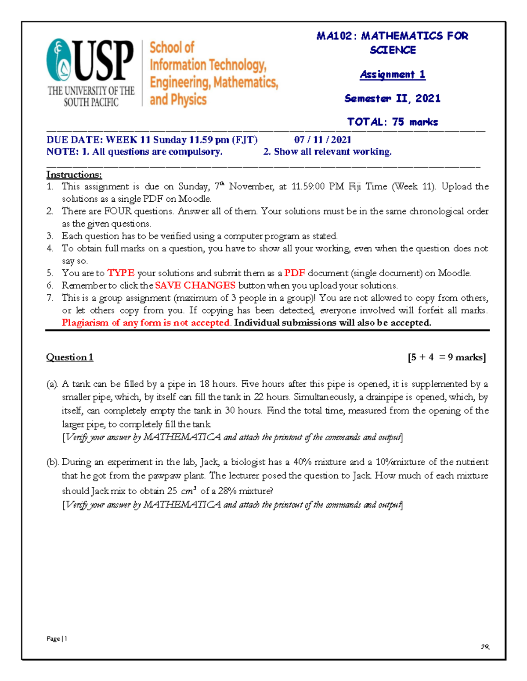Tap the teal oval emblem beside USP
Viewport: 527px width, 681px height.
(x=59, y=61)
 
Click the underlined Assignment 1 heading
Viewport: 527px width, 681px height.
(x=392, y=75)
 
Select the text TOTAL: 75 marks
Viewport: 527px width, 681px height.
(x=392, y=122)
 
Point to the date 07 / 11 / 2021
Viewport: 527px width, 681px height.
(x=322, y=140)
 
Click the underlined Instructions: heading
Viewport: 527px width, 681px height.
(x=74, y=175)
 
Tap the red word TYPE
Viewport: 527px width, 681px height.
(x=121, y=273)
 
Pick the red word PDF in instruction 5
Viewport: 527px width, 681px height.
(x=294, y=273)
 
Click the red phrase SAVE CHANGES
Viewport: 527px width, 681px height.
(x=195, y=285)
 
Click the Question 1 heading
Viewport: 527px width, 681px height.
(x=69, y=357)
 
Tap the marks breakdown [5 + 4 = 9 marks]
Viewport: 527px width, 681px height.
(x=446, y=357)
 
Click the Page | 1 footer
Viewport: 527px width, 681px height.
(x=57, y=638)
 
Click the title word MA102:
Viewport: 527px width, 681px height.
(x=334, y=36)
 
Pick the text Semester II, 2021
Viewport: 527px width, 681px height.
(x=392, y=98)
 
